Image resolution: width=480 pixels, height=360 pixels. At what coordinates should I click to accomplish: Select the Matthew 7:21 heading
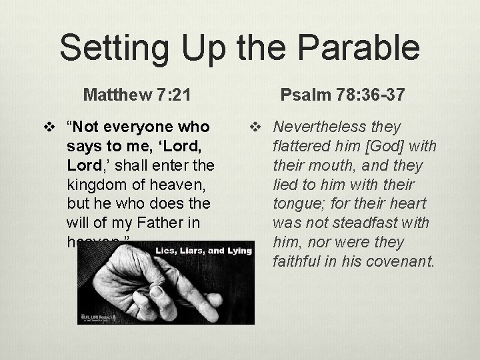137,95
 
